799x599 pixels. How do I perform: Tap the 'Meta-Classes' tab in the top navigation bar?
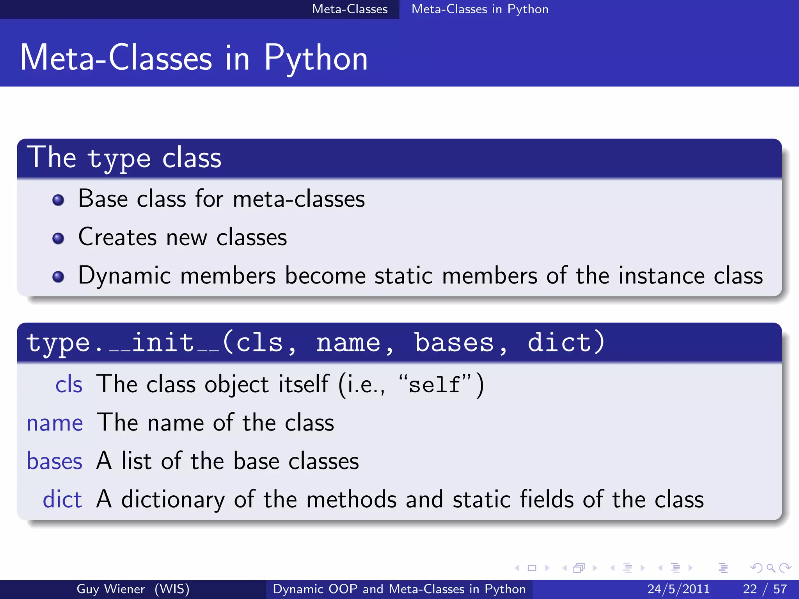coord(350,9)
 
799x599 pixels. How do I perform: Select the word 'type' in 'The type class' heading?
coord(119,159)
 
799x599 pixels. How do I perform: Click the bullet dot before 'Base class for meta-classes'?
coord(58,200)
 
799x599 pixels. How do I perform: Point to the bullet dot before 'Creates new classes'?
coord(58,238)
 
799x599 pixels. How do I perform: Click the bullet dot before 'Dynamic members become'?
coord(58,276)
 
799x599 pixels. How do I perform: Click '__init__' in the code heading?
coord(163,343)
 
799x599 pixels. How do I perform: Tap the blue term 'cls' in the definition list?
coord(69,385)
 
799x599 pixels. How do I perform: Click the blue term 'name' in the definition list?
coord(55,423)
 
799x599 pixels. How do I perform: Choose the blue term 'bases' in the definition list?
coord(55,461)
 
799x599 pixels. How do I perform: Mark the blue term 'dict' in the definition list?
coord(62,500)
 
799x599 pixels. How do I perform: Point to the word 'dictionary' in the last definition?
coord(173,500)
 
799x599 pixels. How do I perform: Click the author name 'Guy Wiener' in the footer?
coord(110,589)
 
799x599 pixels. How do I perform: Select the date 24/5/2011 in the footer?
coord(678,589)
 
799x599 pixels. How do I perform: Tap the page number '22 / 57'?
coord(765,589)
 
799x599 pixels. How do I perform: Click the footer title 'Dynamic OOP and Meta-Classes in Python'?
coord(399,589)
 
